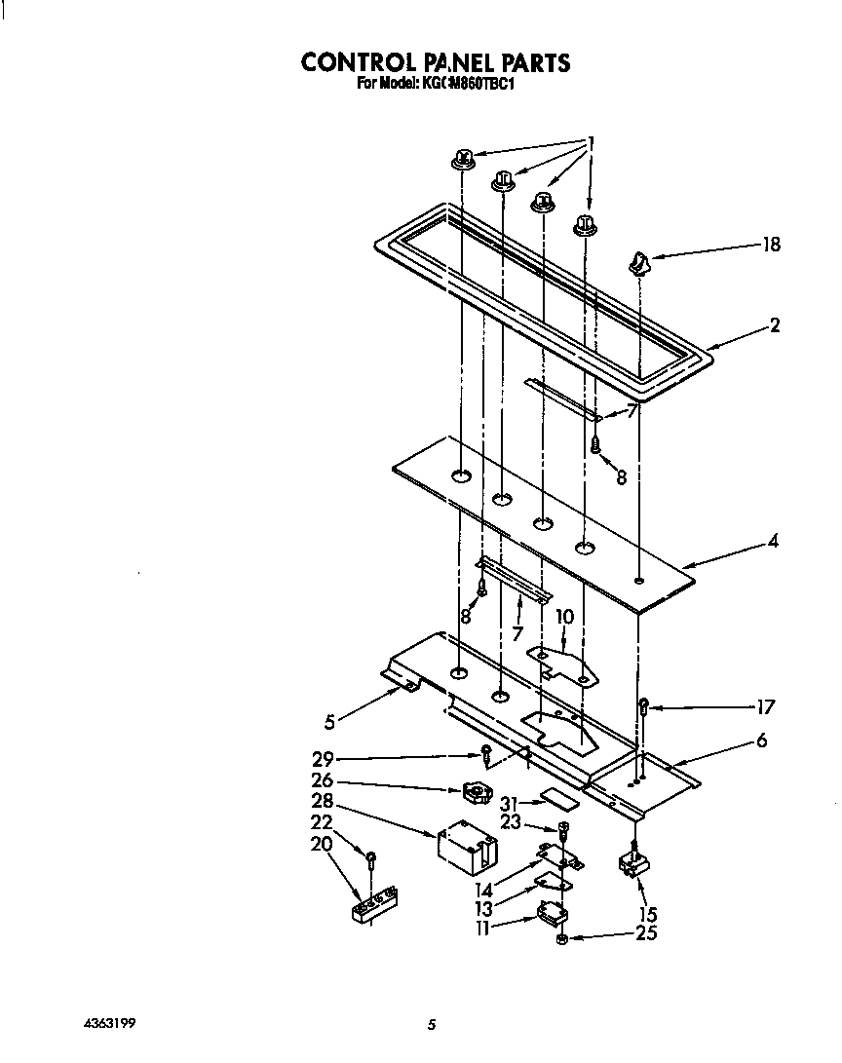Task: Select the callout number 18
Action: [771, 246]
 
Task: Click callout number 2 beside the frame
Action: [775, 325]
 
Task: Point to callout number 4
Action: [773, 540]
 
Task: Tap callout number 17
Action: [767, 706]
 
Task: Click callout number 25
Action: [646, 933]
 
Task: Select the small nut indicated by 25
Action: [563, 939]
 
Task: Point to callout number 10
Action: [564, 616]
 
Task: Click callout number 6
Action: [761, 741]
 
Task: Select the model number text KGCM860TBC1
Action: [468, 85]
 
